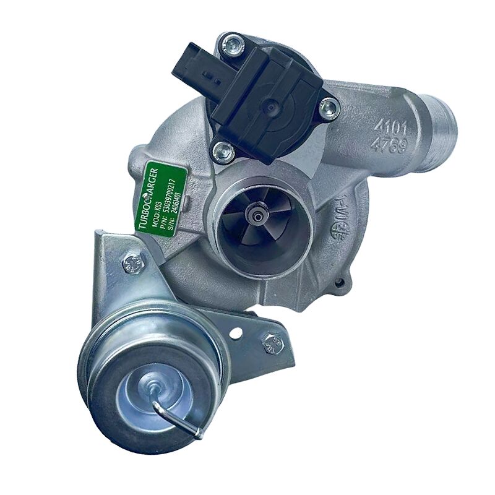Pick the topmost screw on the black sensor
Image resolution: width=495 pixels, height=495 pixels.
[231, 43]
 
